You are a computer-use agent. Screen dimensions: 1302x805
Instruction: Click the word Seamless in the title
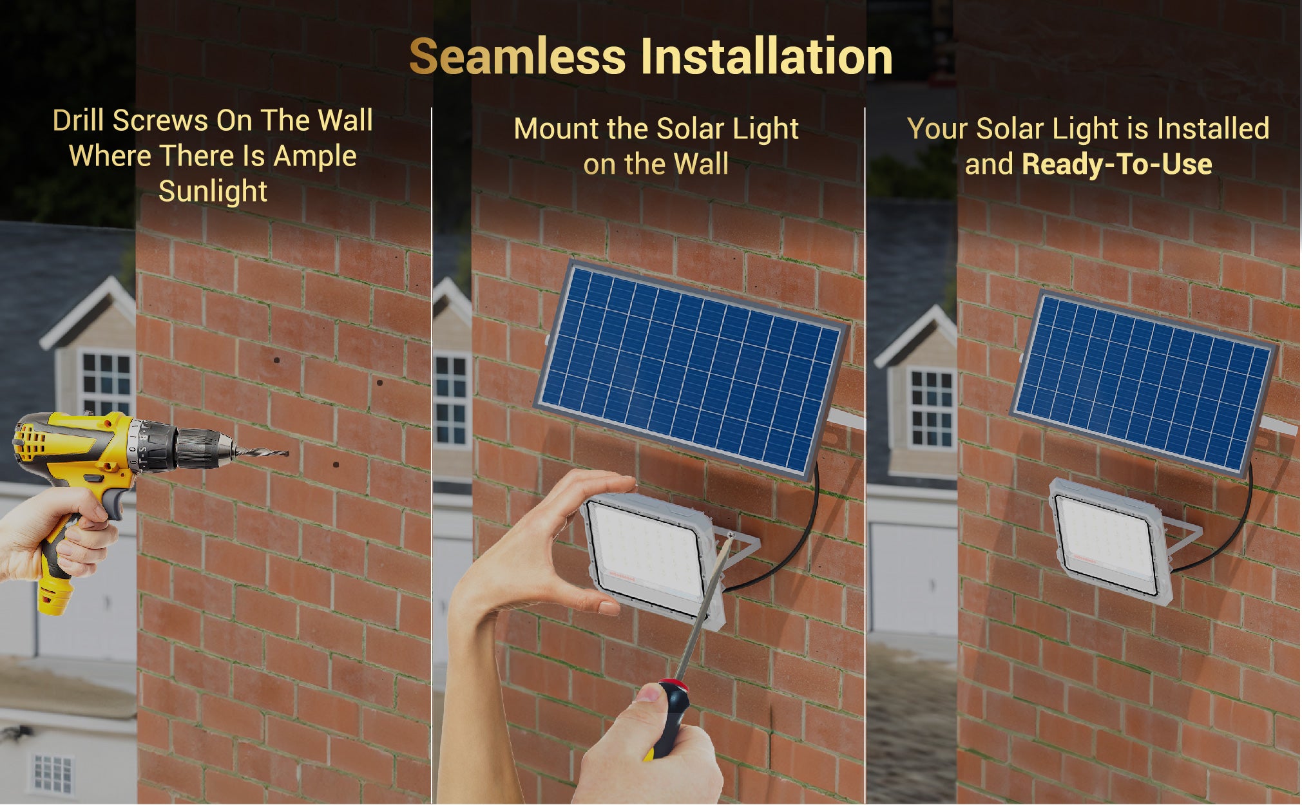coord(517,57)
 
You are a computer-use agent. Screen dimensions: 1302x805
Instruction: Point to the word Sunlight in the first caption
coord(213,191)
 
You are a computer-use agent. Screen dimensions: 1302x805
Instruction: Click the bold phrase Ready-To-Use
coord(1117,164)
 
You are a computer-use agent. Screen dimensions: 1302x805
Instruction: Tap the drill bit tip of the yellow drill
coord(287,453)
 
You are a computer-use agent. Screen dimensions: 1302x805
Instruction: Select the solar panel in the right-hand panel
coord(1144,383)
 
